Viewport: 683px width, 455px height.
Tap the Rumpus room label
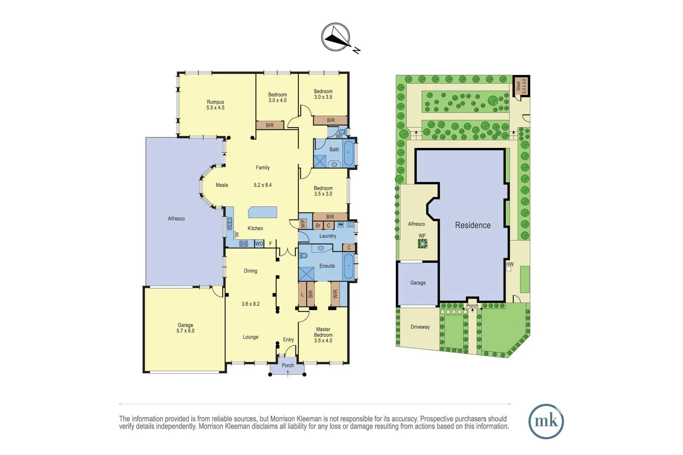(215, 105)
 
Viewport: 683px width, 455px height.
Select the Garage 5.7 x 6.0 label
(185, 328)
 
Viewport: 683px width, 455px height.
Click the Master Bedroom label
(323, 335)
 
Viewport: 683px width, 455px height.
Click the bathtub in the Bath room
(349, 153)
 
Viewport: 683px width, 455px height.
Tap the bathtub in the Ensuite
(349, 266)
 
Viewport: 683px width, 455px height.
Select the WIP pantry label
(303, 223)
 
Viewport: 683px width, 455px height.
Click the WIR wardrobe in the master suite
(335, 294)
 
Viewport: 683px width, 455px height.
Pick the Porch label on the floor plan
(288, 365)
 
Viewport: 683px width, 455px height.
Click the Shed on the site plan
(521, 86)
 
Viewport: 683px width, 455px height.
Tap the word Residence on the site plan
(473, 225)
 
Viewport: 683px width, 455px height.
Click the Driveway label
(420, 327)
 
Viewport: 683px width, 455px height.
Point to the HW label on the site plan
(510, 264)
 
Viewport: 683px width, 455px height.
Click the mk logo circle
(546, 421)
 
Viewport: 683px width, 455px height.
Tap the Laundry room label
(327, 236)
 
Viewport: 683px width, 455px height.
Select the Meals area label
(222, 185)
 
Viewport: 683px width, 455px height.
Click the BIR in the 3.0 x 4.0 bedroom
(270, 125)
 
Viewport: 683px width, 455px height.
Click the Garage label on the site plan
(418, 283)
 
